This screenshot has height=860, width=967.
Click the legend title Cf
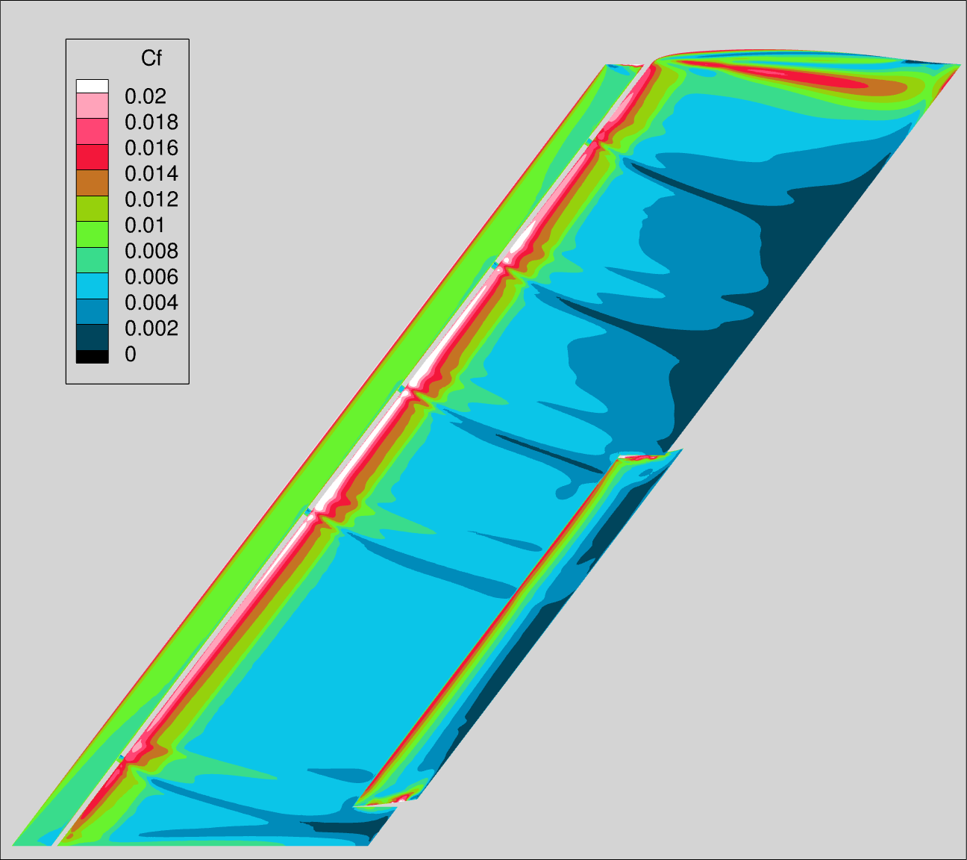click(x=151, y=58)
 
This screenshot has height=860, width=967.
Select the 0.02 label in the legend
click(x=145, y=96)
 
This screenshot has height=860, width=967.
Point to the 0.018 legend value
click(x=151, y=122)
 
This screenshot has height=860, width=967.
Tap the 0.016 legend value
click(x=151, y=148)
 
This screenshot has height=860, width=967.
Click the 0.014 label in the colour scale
click(x=151, y=174)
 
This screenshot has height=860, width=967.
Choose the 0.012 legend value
click(x=151, y=199)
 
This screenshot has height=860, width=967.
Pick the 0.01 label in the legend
click(x=145, y=225)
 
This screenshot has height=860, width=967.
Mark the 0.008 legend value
click(x=151, y=251)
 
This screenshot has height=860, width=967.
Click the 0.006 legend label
click(x=151, y=277)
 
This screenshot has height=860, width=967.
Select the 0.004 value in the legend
click(x=151, y=302)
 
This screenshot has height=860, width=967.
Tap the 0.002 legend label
click(x=151, y=328)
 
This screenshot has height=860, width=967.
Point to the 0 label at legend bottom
click(x=131, y=355)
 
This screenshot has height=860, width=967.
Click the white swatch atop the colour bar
click(x=92, y=86)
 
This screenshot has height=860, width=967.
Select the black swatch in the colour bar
click(x=92, y=357)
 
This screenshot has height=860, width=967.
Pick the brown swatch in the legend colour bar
click(x=92, y=182)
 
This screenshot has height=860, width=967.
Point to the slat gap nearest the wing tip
click(x=592, y=140)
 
